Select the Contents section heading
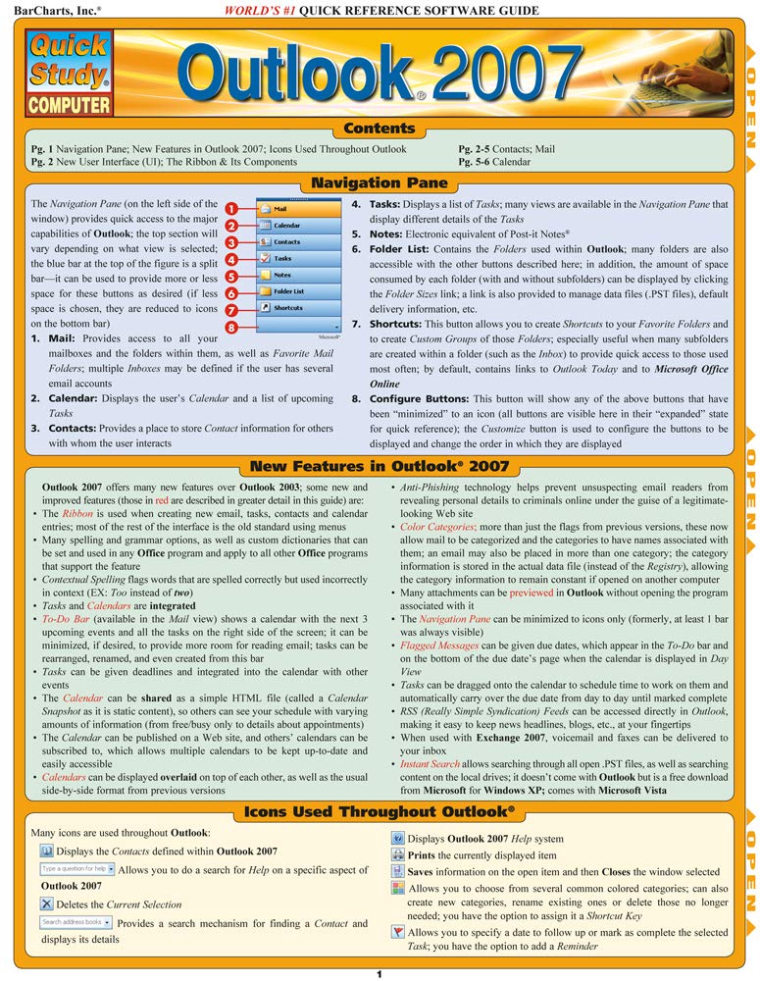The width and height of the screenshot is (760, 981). coord(380,129)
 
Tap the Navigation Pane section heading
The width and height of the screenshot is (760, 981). coord(379,182)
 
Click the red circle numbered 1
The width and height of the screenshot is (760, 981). coord(229,209)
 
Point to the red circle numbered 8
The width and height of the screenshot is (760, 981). coord(229,326)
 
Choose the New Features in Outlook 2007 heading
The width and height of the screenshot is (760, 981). coord(380,466)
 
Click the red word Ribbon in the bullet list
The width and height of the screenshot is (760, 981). coord(77,513)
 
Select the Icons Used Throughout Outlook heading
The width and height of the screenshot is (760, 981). coord(379,811)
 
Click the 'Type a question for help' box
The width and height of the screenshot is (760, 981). coord(77,869)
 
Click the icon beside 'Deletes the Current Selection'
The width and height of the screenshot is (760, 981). coord(46,904)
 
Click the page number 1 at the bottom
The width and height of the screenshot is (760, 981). coord(379,973)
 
